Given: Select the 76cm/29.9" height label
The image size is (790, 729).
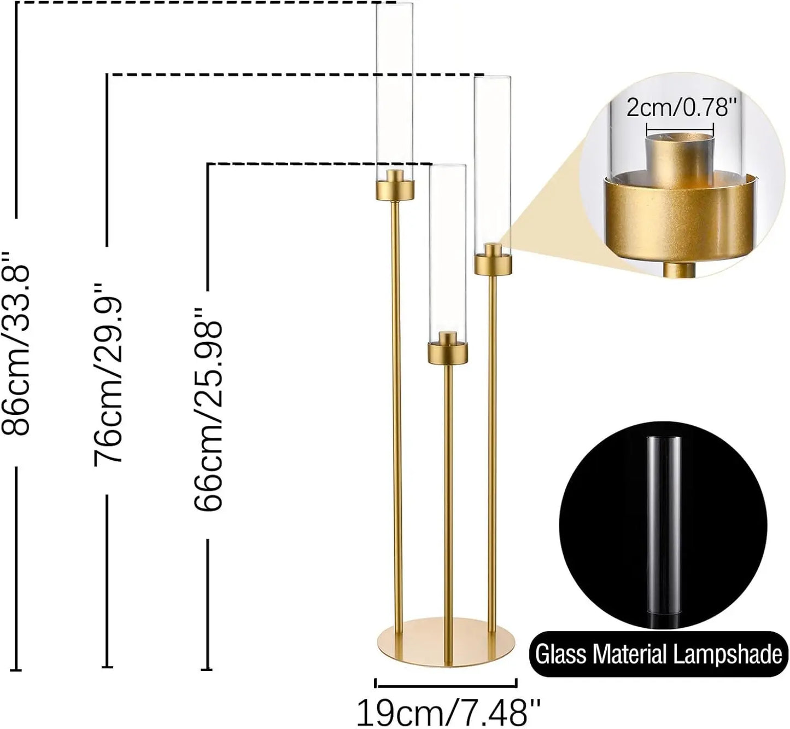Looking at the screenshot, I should pos(107,375).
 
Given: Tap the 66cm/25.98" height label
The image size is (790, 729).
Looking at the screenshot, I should pos(208,409).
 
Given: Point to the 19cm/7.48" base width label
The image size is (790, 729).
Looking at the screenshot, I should pos(448,713).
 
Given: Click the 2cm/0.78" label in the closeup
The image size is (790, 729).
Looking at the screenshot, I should pos(678,107).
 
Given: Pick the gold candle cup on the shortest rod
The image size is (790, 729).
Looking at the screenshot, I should pos(448,352).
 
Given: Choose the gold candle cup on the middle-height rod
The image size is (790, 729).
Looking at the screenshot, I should pos(493,264).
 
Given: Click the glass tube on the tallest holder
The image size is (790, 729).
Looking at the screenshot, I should pos(394,88).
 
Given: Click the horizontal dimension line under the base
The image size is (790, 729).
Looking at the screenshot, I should pos(446,683).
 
